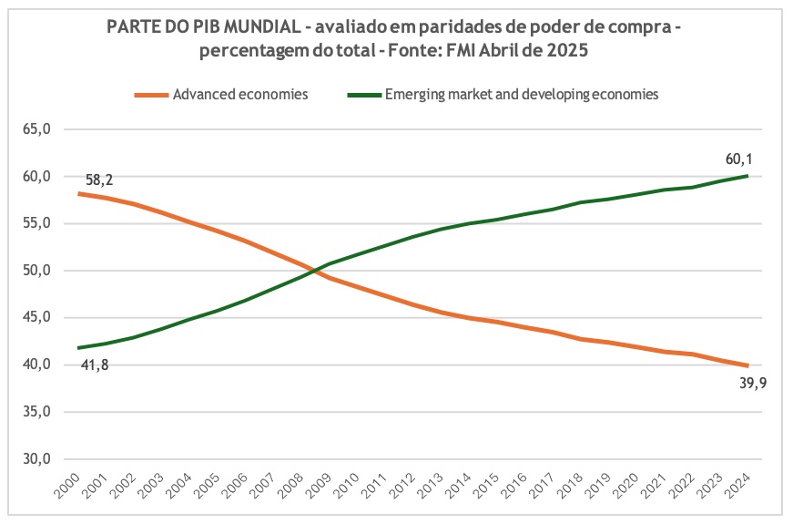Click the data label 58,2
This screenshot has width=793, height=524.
[99, 180]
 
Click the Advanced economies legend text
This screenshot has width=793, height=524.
[240, 94]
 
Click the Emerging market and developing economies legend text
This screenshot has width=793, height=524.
[522, 94]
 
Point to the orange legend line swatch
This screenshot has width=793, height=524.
[150, 94]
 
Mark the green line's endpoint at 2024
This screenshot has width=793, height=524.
[747, 176]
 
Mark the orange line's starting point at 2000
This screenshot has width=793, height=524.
[79, 193]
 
